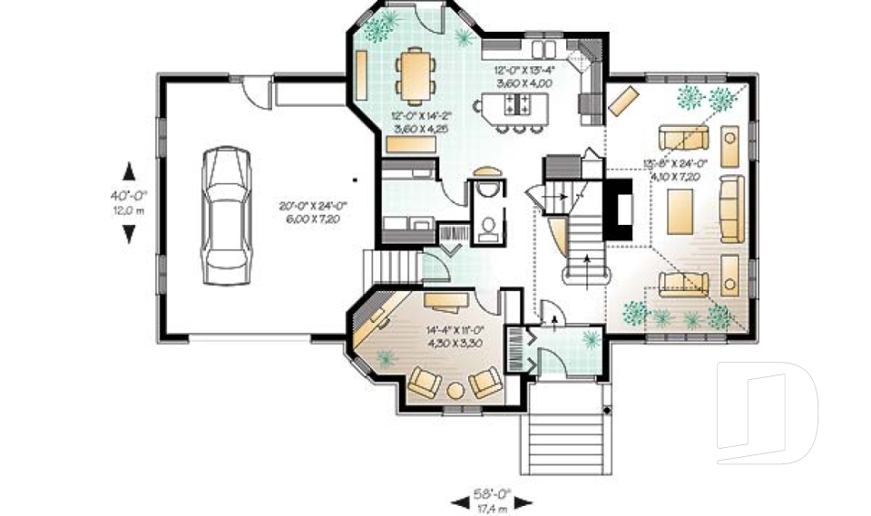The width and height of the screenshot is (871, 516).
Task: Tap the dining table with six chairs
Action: click(x=416, y=72)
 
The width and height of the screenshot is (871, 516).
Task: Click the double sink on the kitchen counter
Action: click(x=548, y=47)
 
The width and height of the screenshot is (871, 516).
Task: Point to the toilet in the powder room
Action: click(x=488, y=227)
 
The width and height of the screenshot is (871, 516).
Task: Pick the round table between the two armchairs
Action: click(x=454, y=389)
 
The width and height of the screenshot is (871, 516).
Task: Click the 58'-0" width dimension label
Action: click(x=491, y=495)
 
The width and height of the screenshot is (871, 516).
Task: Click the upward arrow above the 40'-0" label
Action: click(x=129, y=170)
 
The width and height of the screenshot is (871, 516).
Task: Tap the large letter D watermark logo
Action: click(x=767, y=417)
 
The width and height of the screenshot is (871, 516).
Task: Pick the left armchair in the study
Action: click(x=424, y=384)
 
